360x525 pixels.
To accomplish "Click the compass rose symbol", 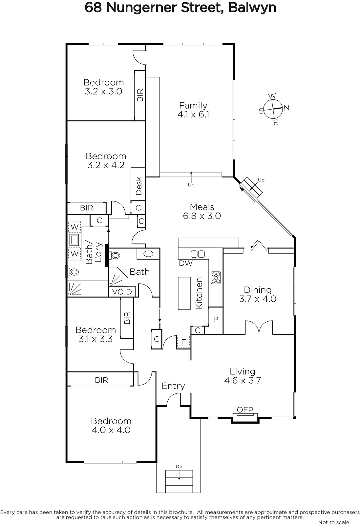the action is (273, 109).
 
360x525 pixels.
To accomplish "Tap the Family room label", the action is (193, 110).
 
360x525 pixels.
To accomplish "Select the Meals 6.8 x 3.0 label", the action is (202, 211).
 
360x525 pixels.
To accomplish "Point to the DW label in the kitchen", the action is (186, 263).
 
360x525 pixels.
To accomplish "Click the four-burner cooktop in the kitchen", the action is (216, 278).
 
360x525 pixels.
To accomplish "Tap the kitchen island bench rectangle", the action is (184, 293).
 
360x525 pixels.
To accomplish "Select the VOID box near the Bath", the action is (122, 292).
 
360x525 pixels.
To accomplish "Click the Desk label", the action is (139, 186).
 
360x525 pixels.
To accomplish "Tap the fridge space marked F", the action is (183, 342).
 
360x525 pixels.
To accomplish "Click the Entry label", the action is (173, 386).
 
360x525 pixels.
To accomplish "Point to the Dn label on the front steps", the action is (179, 466).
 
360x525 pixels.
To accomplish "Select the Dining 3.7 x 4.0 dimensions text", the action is (258, 299).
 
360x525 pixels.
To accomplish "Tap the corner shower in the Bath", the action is (118, 277).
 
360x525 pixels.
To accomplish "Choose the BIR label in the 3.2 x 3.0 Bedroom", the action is (140, 95).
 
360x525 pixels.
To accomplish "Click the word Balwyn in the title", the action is (252, 8).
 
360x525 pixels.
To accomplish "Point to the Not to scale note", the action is (333, 522).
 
